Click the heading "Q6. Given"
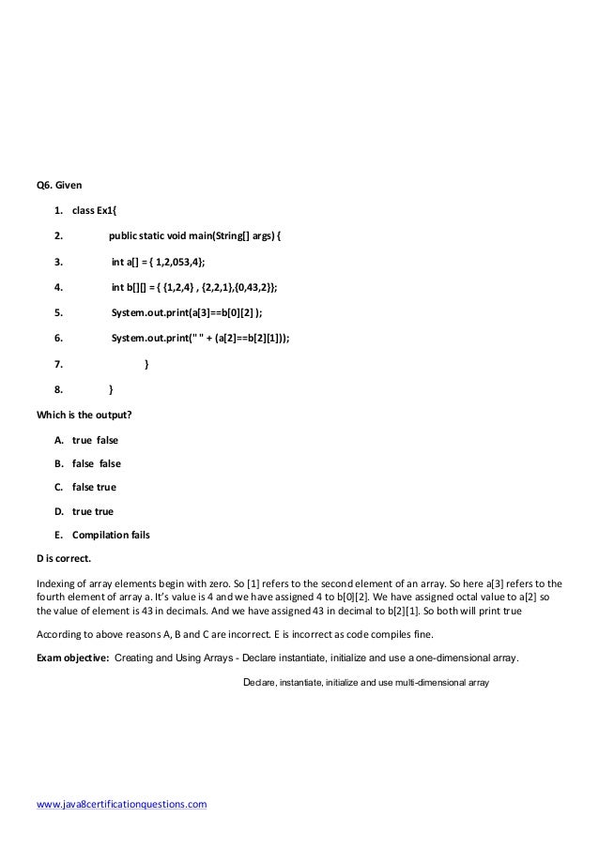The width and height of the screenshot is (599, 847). point(58,185)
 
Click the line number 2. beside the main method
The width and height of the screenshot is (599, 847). point(59,235)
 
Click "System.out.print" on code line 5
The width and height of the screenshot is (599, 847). point(151,312)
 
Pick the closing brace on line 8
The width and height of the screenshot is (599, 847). point(111,388)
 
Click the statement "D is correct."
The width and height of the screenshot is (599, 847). point(63,559)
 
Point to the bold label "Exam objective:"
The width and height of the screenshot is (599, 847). point(72,658)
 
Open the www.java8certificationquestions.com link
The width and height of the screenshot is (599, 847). point(120,804)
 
